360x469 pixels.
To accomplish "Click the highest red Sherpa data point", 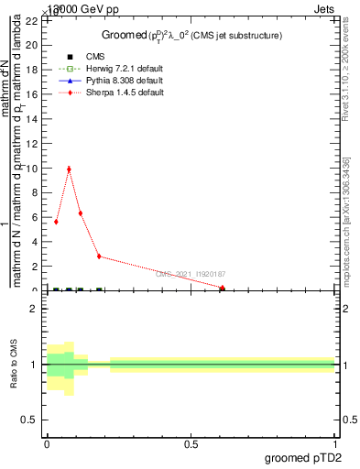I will pyautogui.click(x=69, y=169).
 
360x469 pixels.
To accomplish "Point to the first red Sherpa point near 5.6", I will pyautogui.click(x=56, y=222).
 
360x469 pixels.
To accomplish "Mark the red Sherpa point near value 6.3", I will pyautogui.click(x=81, y=213).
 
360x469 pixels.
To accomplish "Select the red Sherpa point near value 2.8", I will pyautogui.click(x=99, y=256).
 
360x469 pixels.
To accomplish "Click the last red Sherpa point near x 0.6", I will pyautogui.click(x=223, y=288).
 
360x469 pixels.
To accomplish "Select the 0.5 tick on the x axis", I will pyautogui.click(x=191, y=443).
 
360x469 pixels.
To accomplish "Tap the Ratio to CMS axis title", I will pyautogui.click(x=14, y=364).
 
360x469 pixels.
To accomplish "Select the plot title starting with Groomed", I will pyautogui.click(x=191, y=35).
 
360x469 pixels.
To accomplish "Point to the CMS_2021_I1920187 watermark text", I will pyautogui.click(x=190, y=274).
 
